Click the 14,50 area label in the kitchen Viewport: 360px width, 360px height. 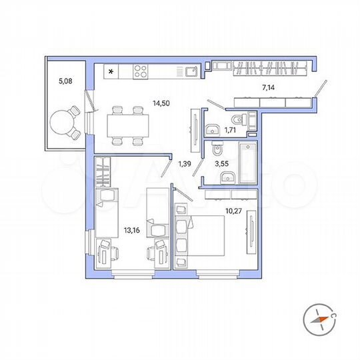tap(160, 103)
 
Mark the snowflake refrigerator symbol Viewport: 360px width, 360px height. tap(111, 70)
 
